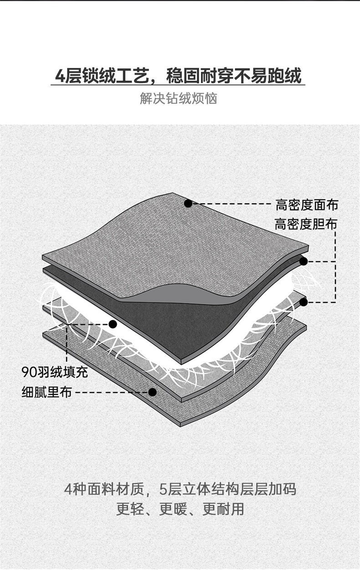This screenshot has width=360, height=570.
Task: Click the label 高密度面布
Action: [x=307, y=205]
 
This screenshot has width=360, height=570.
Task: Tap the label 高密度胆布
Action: [x=306, y=224]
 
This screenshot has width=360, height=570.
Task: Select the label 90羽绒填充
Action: [x=55, y=372]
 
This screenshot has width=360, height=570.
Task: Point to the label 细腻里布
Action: [x=47, y=392]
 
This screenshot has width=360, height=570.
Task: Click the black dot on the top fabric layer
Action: [x=188, y=203]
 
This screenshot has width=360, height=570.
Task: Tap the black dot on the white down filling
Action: [x=113, y=324]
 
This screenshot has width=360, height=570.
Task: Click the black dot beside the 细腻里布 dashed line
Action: [x=152, y=392]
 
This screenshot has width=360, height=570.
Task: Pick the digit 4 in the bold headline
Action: [x=60, y=76]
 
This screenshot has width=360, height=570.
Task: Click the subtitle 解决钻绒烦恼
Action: [x=179, y=98]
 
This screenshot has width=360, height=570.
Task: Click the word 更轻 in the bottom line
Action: [x=130, y=509]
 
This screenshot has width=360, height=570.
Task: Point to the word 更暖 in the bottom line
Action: [x=173, y=509]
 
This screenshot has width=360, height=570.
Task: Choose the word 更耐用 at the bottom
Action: [x=223, y=509]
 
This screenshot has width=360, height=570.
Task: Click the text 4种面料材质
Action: [x=104, y=489]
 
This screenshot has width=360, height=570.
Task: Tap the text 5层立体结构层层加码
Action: [x=228, y=489]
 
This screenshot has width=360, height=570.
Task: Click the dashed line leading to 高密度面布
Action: [x=231, y=203]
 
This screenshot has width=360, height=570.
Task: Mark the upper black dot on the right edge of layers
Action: [x=303, y=261]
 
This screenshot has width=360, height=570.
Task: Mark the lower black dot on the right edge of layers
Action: [x=303, y=302]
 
